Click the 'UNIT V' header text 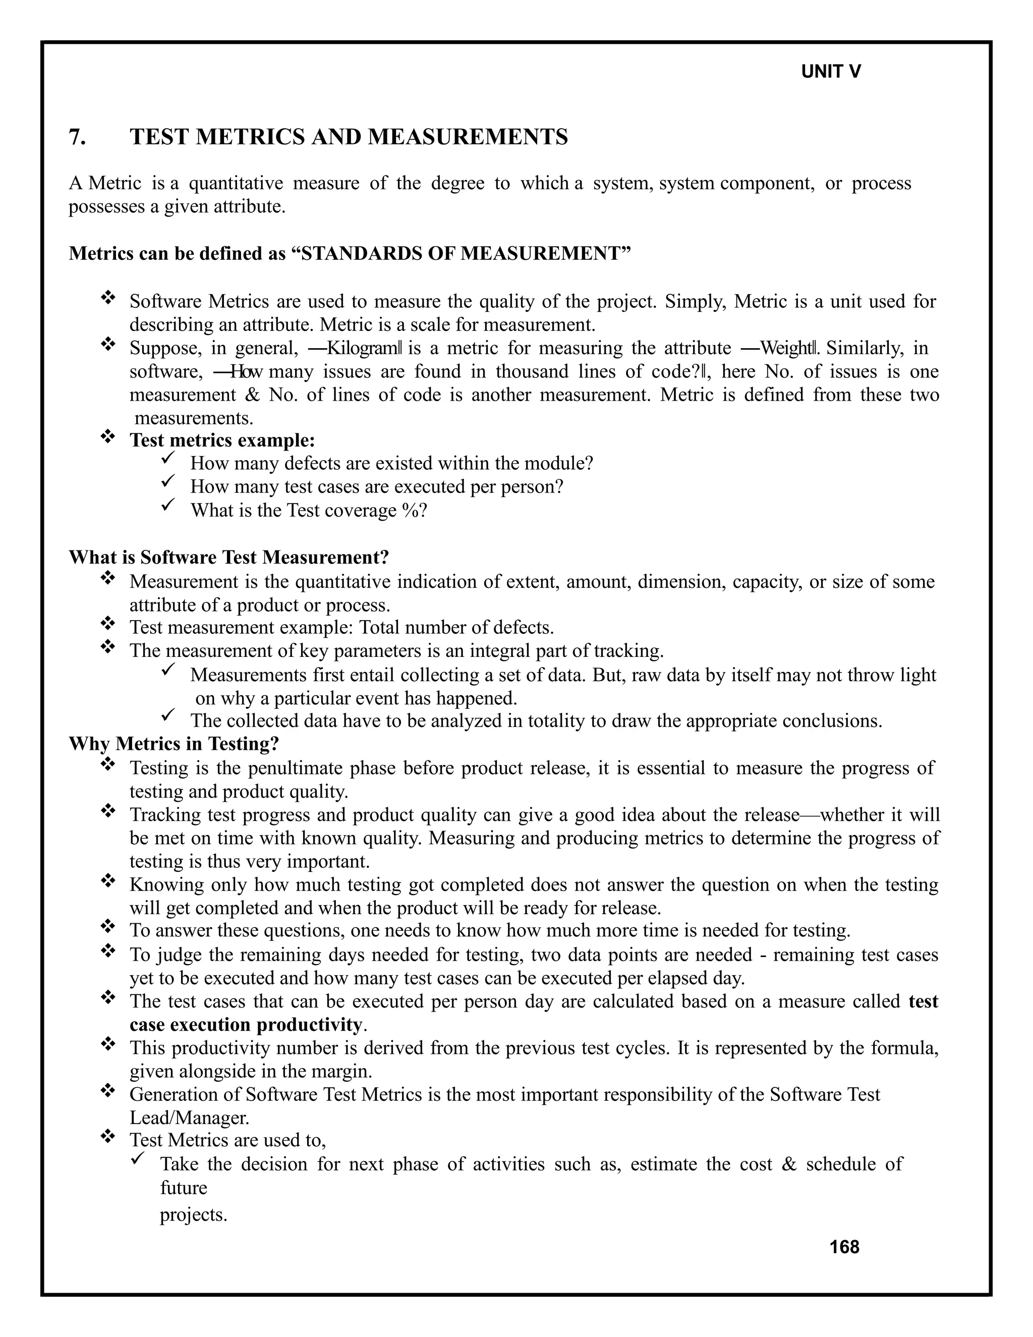click(x=830, y=72)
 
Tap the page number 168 click(x=844, y=1247)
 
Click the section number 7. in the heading click(x=77, y=137)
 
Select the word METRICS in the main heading click(x=248, y=137)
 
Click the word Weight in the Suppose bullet click(x=787, y=348)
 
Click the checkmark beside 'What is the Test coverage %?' click(x=168, y=506)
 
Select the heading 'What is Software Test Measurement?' click(x=229, y=557)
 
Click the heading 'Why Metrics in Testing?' click(x=174, y=744)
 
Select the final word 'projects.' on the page click(x=193, y=1214)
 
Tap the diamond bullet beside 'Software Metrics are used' click(x=108, y=298)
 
